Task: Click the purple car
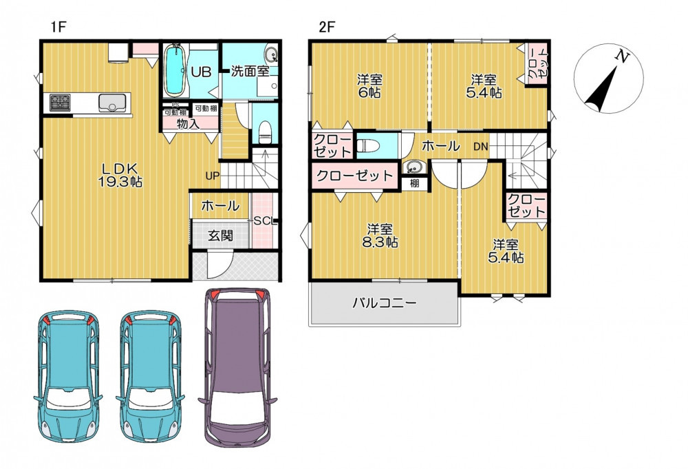[x=237, y=367]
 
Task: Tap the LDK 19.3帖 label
[x=120, y=175]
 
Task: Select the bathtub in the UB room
[x=175, y=71]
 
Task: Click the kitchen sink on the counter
[x=114, y=103]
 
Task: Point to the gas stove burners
[x=59, y=103]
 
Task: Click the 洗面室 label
[x=250, y=71]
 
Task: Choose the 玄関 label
[x=220, y=236]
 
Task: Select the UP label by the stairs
[x=213, y=176]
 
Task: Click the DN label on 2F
[x=480, y=147]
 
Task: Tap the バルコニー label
[x=385, y=302]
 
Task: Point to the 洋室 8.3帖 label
[x=380, y=236]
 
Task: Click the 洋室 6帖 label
[x=369, y=86]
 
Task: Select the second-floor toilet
[x=367, y=145]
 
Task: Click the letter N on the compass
[x=623, y=56]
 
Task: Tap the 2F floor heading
[x=326, y=28]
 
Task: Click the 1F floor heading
[x=58, y=28]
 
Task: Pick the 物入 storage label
[x=189, y=124]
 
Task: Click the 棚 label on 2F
[x=415, y=183]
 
